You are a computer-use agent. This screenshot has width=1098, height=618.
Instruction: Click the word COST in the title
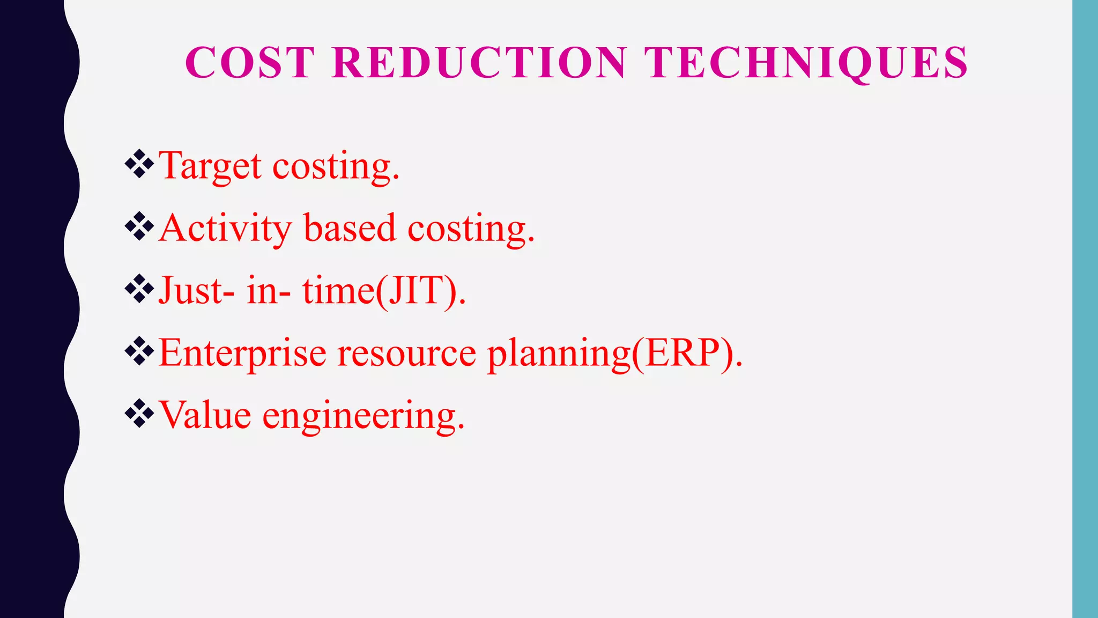(x=249, y=63)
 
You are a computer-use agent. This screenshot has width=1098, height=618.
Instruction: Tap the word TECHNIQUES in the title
(x=806, y=63)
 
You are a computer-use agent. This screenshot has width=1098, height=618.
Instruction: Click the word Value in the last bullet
(x=205, y=416)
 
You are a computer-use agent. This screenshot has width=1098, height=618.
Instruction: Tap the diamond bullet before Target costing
(x=139, y=164)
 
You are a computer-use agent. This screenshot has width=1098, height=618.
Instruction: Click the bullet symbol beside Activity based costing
(x=139, y=226)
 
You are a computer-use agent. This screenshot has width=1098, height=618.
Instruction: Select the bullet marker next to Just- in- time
(x=139, y=289)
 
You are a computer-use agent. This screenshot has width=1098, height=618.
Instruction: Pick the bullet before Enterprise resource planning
(x=139, y=351)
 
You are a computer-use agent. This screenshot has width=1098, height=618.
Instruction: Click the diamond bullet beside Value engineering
(x=139, y=414)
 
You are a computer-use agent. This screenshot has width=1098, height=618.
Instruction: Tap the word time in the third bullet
(x=338, y=291)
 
